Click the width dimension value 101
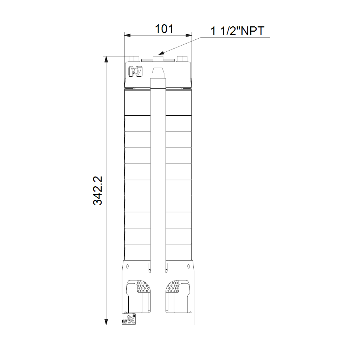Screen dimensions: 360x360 tap(164, 29)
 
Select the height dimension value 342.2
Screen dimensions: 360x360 tap(98, 191)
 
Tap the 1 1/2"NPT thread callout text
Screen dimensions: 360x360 tap(237, 31)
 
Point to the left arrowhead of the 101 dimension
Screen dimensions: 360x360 tap(127, 36)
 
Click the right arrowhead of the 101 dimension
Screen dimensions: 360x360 tap(189, 36)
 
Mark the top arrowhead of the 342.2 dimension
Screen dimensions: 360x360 tap(106, 59)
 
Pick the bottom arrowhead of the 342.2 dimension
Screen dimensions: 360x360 tap(106, 322)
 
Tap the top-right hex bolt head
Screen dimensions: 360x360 tap(182, 59)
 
